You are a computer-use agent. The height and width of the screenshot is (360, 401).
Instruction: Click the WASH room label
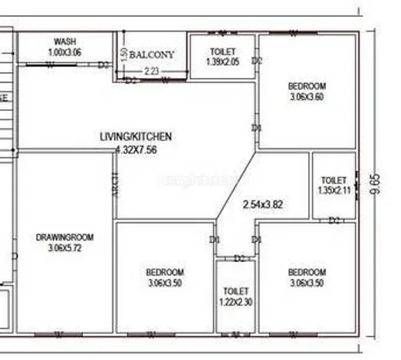click(x=64, y=41)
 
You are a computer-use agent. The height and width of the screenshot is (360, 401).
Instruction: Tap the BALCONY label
click(x=152, y=55)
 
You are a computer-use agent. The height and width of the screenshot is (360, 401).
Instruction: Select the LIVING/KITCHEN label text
click(x=136, y=136)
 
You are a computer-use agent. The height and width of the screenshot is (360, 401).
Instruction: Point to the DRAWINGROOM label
click(x=64, y=237)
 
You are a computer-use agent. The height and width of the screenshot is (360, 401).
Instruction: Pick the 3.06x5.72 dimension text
click(x=64, y=248)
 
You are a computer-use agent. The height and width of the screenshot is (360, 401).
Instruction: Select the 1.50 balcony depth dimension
click(x=123, y=55)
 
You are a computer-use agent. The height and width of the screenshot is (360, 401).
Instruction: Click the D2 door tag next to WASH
click(x=103, y=65)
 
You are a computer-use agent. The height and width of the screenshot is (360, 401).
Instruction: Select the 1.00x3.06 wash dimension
click(x=64, y=51)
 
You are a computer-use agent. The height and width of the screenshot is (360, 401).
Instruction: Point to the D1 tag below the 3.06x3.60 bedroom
click(x=257, y=127)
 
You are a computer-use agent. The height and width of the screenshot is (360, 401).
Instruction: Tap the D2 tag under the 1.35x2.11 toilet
click(x=334, y=221)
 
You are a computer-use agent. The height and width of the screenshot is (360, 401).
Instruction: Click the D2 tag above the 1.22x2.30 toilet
click(x=239, y=258)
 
